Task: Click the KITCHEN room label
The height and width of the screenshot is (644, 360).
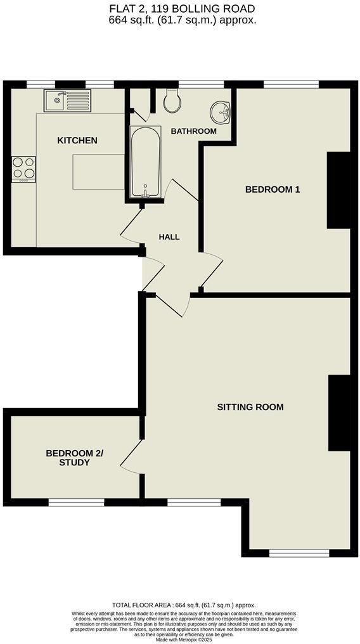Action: [77, 140]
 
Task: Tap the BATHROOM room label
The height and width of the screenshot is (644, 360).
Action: [193, 131]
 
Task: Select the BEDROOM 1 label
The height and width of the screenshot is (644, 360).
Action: [273, 190]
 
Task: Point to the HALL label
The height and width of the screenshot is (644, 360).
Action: [169, 237]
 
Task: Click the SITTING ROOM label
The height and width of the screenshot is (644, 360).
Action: [250, 407]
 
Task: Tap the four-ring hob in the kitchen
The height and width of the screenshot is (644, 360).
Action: [23, 169]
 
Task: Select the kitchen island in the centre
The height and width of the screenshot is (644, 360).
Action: [98, 171]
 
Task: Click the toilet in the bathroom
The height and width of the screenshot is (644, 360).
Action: [172, 100]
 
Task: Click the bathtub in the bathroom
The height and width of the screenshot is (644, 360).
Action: [145, 162]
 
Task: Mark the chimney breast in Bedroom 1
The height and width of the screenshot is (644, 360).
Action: [338, 190]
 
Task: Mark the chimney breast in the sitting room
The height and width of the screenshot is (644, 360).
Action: [339, 413]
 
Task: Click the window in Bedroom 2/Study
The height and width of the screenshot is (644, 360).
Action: [77, 502]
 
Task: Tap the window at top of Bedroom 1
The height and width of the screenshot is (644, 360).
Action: [291, 84]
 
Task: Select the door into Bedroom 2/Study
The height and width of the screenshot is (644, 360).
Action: [131, 456]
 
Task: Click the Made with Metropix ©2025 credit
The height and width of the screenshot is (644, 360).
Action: [182, 639]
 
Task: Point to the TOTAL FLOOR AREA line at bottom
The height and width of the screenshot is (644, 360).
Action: [184, 605]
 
